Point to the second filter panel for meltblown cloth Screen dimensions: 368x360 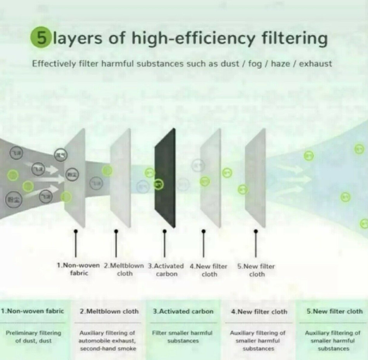121,178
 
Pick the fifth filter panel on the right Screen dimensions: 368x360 256,178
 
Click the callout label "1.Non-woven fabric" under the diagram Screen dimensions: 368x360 78,270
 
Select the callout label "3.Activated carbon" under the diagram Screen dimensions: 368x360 166,270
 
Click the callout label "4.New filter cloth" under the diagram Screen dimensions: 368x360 209,270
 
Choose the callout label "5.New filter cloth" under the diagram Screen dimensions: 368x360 256,270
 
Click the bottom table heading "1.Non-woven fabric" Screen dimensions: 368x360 32,311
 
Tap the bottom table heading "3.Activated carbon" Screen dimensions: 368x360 183,311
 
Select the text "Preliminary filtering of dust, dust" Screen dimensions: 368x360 33,337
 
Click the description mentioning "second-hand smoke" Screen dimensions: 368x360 107,341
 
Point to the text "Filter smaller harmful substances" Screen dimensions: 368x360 182,337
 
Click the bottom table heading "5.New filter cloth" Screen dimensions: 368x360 335,311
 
